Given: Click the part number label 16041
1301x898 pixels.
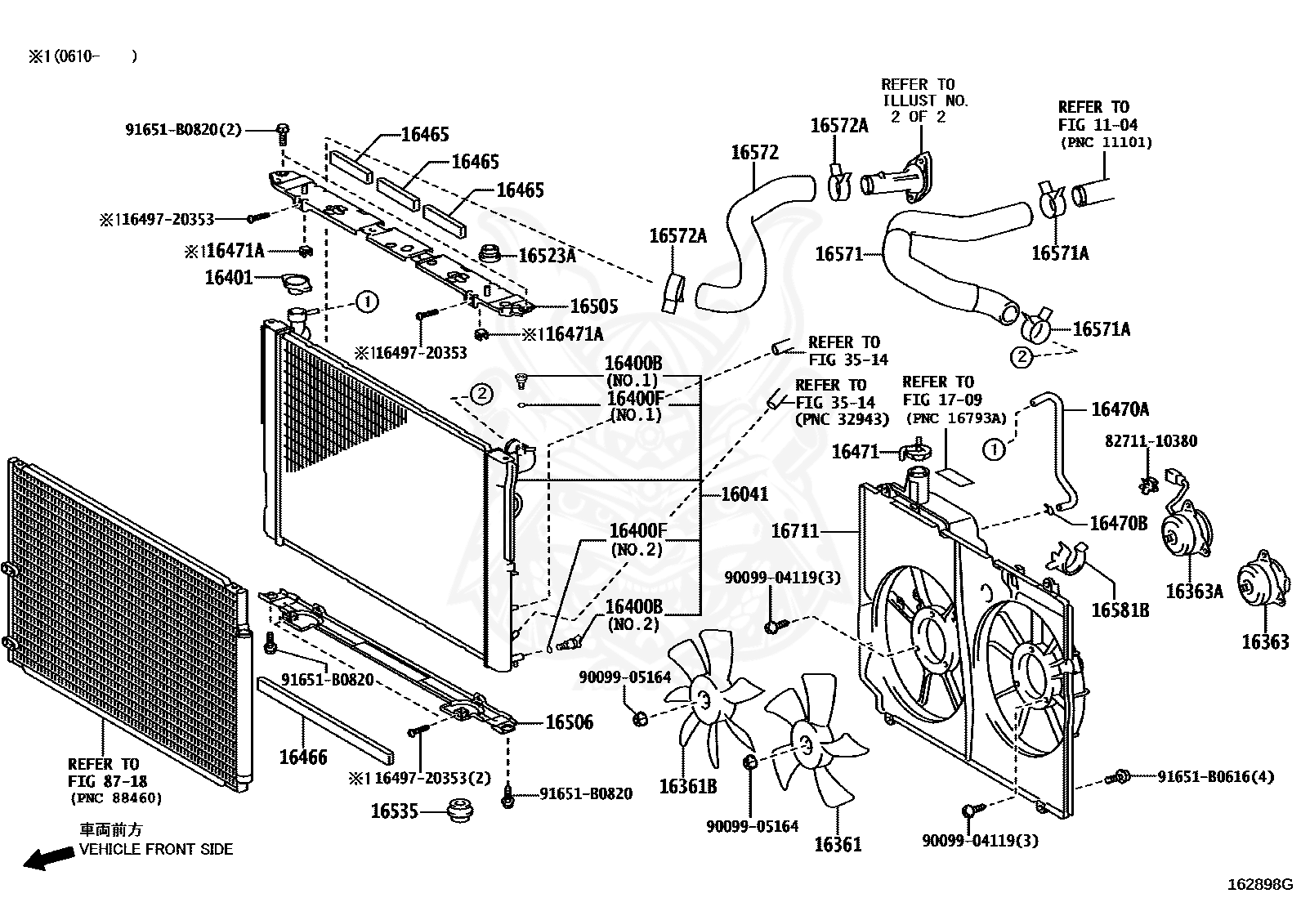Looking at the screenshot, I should point(744,494).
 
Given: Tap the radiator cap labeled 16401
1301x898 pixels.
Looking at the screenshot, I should point(295,284).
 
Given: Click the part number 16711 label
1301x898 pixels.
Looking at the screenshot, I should point(794,532).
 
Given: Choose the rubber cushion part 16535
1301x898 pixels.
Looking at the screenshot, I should point(463,812).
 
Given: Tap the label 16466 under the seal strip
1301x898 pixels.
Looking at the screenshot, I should point(302,757).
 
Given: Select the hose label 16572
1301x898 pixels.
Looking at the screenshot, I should point(754,153).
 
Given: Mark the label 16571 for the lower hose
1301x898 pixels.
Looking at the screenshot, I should point(838,254).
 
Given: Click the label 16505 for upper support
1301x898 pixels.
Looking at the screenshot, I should point(593,306).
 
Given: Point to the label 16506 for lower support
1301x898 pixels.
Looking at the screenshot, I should point(569,722).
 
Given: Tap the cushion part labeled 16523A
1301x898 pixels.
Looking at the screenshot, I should point(491,254).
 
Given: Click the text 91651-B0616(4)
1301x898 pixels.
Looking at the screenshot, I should point(1215,776).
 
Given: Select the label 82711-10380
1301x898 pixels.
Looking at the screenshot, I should point(1151,441).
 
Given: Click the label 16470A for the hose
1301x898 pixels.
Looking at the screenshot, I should point(1120,409).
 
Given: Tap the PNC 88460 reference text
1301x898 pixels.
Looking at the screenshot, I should point(115,798).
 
